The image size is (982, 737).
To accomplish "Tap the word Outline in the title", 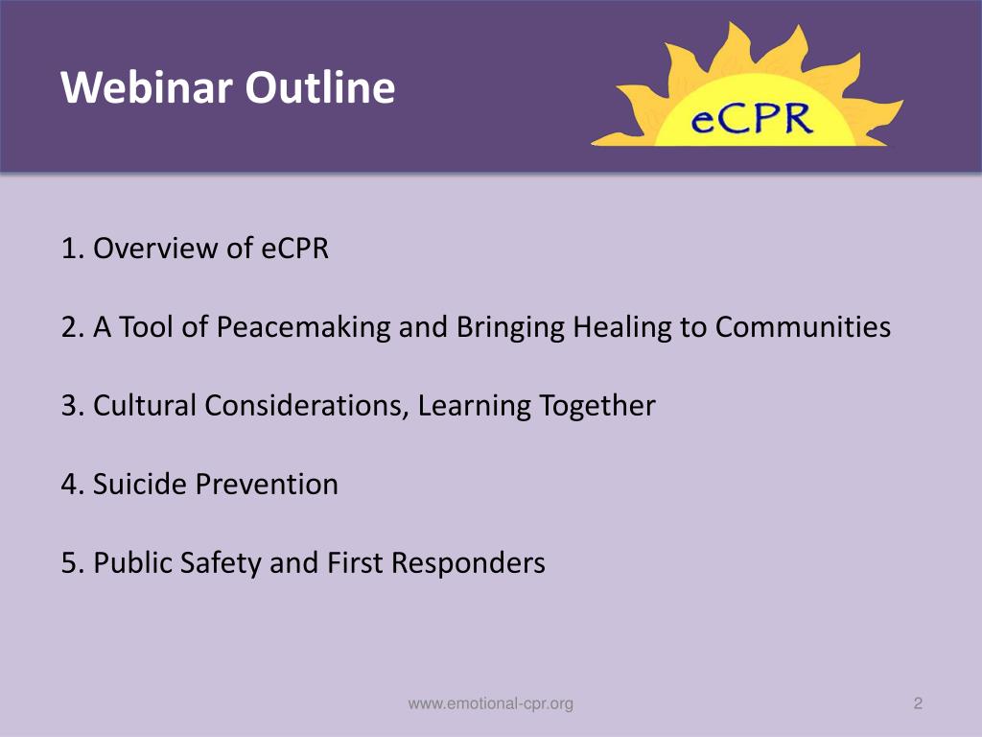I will click(319, 88).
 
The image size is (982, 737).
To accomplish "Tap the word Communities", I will click(803, 327).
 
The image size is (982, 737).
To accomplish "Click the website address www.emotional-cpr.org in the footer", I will click(491, 704).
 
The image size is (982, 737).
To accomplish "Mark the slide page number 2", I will click(918, 704).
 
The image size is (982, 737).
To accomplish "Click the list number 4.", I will click(70, 485).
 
